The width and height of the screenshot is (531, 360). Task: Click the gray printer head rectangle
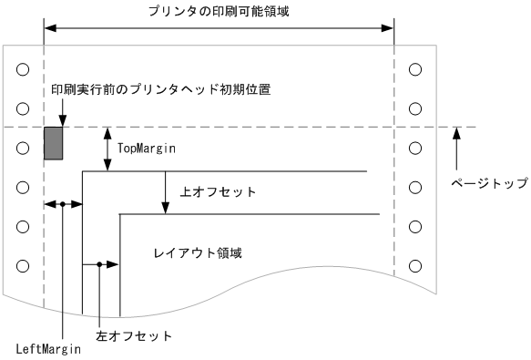(x=54, y=143)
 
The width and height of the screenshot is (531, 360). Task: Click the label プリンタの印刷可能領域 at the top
(x=220, y=11)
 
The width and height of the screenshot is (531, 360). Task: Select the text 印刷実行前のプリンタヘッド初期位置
(x=160, y=89)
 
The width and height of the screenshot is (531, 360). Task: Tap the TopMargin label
(x=146, y=145)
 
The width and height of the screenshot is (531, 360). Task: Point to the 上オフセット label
(x=219, y=192)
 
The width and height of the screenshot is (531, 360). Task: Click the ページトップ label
(x=490, y=182)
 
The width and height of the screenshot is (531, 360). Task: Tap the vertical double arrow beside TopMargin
(x=108, y=149)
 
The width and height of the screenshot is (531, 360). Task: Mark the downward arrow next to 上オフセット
(x=165, y=192)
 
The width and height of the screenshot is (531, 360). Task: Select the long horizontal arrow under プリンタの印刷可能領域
(x=219, y=28)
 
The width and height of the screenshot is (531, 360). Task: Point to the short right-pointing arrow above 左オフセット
(x=108, y=265)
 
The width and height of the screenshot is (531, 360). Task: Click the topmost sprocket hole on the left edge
(x=23, y=68)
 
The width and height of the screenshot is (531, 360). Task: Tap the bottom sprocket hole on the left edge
(x=23, y=265)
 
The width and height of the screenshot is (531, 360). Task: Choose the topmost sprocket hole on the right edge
(x=415, y=68)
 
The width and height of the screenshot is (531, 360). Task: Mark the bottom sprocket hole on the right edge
(x=415, y=265)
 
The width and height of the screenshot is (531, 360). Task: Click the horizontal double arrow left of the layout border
(x=63, y=205)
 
